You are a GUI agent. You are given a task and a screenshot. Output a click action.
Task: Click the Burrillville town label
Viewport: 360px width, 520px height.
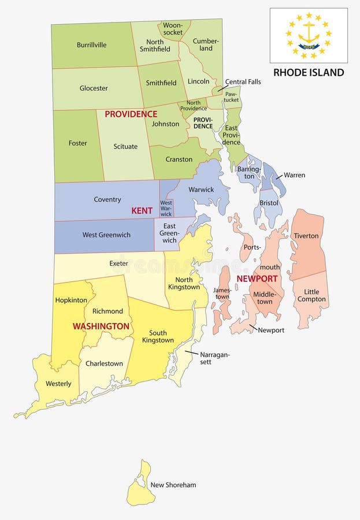coord(91,45)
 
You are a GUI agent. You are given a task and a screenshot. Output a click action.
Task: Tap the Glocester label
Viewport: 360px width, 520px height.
coord(94,88)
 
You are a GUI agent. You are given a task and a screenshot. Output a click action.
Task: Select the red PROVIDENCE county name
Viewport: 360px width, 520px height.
coord(131,114)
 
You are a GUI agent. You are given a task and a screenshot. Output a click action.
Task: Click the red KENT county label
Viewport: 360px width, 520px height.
coord(142,211)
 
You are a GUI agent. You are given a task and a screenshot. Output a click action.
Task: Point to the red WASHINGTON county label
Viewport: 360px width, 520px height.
coord(101,326)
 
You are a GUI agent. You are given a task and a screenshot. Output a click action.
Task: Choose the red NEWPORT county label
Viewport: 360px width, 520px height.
coord(257,278)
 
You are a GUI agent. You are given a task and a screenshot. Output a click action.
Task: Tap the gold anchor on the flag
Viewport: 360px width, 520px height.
coord(309,34)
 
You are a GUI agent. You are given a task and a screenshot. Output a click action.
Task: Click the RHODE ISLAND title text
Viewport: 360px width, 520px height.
coord(309,72)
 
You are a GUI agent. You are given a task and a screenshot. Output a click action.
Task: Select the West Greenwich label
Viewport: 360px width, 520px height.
coord(106,235)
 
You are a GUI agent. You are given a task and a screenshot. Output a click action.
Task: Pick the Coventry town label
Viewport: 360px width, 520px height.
coord(107,199)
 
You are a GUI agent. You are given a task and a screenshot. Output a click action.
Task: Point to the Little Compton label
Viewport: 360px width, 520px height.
coord(311,295)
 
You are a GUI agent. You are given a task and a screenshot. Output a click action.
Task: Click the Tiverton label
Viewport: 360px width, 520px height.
coord(306,236)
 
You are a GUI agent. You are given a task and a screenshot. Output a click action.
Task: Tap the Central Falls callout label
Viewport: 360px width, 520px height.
coord(243,81)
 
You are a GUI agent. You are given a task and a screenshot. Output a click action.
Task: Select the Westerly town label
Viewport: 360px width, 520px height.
coord(58,384)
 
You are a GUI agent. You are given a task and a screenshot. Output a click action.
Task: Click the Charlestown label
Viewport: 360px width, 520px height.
coord(104,363)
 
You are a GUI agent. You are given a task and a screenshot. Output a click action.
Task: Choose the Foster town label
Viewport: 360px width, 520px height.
coord(78,143)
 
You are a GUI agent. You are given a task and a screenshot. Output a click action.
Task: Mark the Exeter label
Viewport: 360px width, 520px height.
coord(119,263)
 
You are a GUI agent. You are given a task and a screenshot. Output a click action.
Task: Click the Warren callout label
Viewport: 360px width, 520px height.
coord(294,175)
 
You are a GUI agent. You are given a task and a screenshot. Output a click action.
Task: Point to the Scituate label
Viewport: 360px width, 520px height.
coord(125,146)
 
